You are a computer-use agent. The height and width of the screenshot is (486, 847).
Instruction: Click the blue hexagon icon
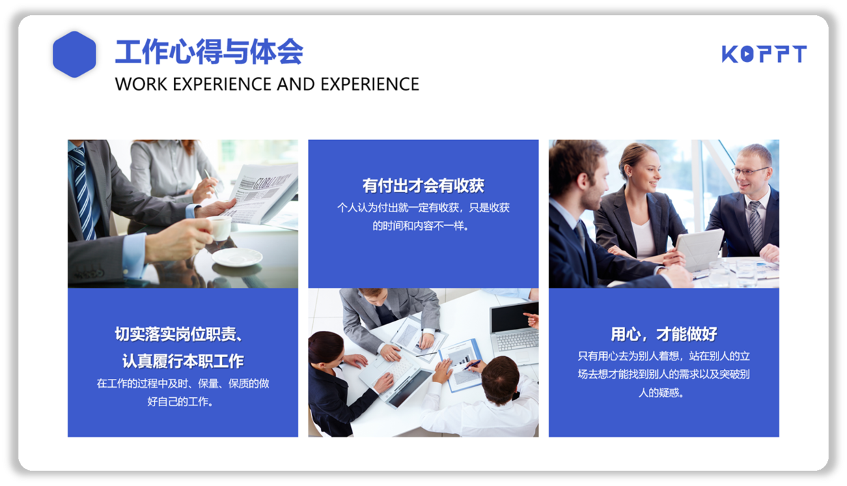74,55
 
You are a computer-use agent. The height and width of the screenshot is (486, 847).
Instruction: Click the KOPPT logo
764,54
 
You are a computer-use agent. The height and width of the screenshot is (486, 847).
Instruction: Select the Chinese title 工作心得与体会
209,52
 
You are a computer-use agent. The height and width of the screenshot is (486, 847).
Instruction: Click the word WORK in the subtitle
141,84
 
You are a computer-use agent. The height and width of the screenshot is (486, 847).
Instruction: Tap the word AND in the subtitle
296,84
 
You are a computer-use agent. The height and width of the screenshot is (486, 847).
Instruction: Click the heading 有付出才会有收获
423,186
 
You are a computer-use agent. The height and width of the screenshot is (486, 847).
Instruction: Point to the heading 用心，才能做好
664,334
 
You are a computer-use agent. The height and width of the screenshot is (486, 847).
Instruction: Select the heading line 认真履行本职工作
182,361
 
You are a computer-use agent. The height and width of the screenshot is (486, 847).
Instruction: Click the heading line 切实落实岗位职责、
179,334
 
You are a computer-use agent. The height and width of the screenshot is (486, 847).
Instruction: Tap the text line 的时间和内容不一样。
421,226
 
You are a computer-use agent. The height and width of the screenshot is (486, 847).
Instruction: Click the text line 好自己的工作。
180,401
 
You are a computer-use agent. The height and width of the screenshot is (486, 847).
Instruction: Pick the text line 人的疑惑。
661,392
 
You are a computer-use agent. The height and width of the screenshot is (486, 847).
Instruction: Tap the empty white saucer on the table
237,257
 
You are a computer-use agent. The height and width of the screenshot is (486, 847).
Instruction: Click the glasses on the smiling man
749,171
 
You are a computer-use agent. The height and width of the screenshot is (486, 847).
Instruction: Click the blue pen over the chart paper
472,364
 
